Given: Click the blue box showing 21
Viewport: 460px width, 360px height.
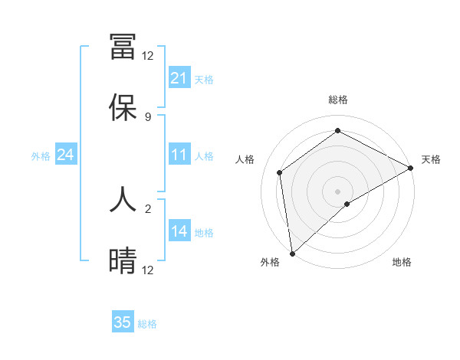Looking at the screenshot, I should [x=179, y=78].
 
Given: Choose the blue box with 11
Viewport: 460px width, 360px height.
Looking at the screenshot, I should [x=179, y=155].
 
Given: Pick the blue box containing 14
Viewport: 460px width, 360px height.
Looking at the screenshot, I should [x=179, y=231].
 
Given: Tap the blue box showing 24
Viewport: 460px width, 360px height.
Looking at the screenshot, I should [x=66, y=155].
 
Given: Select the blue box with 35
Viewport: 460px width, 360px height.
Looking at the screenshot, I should [x=123, y=322].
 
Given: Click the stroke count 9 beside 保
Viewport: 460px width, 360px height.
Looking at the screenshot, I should [x=147, y=116].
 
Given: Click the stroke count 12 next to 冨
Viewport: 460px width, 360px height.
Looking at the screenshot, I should [x=147, y=55].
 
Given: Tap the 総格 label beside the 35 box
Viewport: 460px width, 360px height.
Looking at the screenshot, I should [x=147, y=324].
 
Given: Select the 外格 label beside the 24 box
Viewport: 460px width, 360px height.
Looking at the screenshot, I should [x=41, y=156].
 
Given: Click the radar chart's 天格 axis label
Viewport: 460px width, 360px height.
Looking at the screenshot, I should [x=431, y=159].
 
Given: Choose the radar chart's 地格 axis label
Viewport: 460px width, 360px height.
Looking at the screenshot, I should [x=402, y=263].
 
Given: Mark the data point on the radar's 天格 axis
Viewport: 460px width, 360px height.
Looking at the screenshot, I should [x=411, y=168].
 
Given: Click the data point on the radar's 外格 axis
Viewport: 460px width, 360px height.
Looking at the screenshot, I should [x=292, y=253].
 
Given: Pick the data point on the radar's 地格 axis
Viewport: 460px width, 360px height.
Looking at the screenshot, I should [x=347, y=204].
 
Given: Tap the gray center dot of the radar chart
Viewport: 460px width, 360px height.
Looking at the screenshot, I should [x=337, y=191].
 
